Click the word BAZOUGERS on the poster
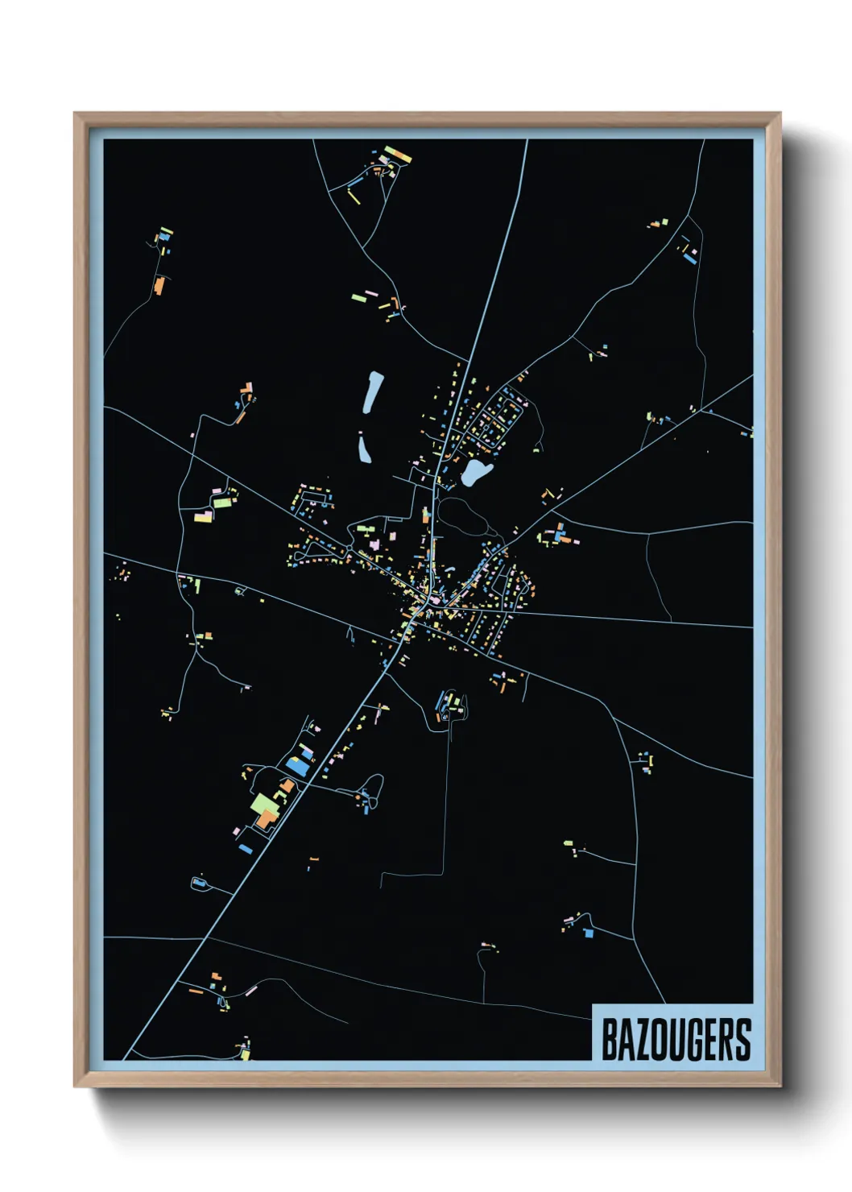coord(676,1040)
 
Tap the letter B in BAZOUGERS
coord(610,1040)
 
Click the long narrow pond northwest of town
coord(371,391)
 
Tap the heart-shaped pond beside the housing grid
coord(475,472)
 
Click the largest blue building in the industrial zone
coord(297,767)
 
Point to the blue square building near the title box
coord(589,933)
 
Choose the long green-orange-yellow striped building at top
coord(398,153)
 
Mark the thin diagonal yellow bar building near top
coord(354,196)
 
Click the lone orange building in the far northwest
coord(159,285)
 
